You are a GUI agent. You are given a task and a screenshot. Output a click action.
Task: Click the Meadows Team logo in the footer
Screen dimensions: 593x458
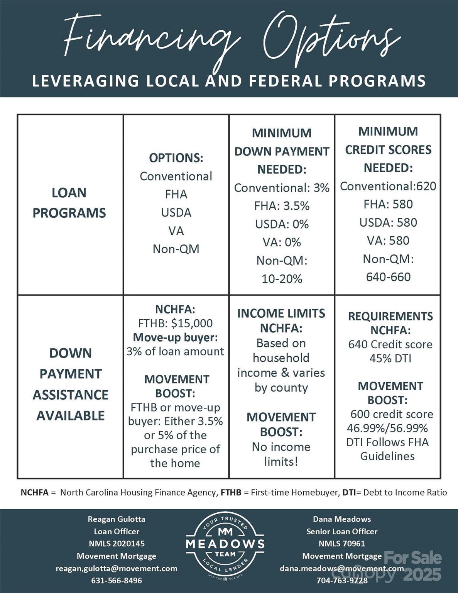225,544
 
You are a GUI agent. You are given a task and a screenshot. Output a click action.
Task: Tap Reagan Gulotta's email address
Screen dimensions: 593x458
117,568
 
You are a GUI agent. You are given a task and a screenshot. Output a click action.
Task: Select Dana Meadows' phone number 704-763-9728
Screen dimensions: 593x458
342,580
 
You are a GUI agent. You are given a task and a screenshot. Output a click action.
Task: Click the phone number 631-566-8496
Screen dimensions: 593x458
117,580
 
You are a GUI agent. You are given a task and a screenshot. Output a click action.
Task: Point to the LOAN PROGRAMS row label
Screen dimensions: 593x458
69,203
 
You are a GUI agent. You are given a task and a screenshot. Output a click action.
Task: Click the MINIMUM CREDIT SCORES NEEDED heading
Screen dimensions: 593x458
388,149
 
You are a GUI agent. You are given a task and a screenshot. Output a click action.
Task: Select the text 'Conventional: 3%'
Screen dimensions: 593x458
282,188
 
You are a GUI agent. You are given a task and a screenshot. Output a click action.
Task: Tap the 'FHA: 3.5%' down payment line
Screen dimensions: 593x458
282,206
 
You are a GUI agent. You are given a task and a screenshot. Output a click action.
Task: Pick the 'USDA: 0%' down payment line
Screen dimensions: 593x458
282,224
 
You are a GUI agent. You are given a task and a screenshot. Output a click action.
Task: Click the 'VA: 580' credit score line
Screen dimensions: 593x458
388,241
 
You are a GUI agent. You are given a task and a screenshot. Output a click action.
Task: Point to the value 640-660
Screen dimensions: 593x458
388,277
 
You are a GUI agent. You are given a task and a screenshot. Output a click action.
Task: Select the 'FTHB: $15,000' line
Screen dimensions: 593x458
176,323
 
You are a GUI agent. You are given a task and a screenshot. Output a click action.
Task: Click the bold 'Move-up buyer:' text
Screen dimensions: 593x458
176,337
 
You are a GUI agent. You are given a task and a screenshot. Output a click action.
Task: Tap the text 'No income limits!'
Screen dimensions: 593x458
281,454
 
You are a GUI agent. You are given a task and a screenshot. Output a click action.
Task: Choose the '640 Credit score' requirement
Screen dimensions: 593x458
390,344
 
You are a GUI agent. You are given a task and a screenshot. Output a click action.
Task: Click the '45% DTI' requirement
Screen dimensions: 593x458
390,358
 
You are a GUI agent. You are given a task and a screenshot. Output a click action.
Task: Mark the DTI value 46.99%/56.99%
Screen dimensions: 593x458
387,428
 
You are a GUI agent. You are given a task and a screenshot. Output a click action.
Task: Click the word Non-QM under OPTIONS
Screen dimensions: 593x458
176,249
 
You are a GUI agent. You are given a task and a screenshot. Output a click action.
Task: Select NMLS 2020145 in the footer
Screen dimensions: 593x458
117,544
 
